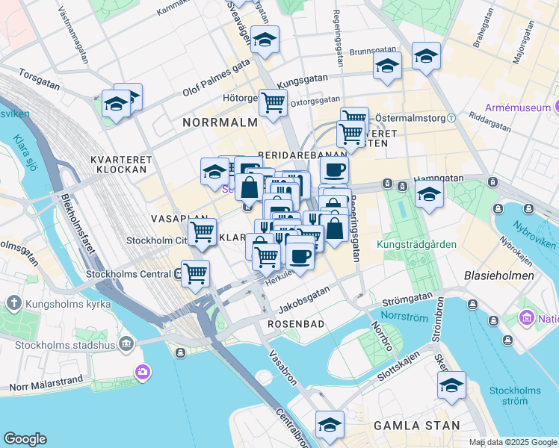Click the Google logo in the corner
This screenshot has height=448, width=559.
(25, 438)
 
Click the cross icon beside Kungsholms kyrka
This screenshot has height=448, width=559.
(14, 303)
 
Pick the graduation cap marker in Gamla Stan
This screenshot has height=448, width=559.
(330, 424)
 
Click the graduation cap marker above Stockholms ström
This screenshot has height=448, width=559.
(451, 385)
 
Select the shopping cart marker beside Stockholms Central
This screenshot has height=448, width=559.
(195, 273)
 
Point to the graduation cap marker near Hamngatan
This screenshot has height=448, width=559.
(430, 194)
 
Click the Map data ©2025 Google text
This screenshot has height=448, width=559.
(512, 442)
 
